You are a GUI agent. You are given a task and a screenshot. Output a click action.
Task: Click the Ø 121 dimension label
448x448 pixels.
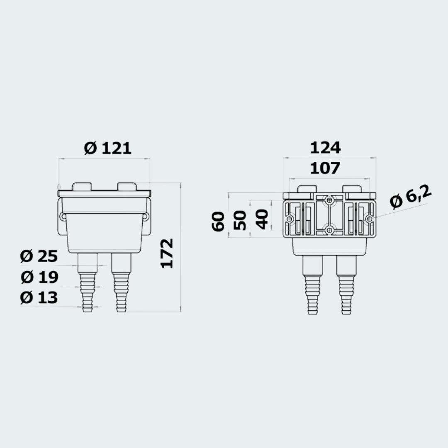click(x=108, y=148)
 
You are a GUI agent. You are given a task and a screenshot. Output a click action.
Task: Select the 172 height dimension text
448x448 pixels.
click(x=167, y=253)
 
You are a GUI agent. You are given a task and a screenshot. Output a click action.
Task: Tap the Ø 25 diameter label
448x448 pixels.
click(x=39, y=256)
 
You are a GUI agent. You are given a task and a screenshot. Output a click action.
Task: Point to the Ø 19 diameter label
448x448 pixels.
click(x=39, y=277)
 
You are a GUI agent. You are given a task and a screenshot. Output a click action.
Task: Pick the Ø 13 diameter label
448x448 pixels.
click(x=39, y=297)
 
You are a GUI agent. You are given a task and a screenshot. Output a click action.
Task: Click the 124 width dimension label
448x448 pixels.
click(x=326, y=148)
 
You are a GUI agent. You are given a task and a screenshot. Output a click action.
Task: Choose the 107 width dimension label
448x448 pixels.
click(x=325, y=168)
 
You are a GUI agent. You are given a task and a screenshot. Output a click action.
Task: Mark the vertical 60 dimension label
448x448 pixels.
click(x=218, y=222)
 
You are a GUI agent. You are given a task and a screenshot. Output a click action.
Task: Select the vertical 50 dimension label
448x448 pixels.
click(x=239, y=220)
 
